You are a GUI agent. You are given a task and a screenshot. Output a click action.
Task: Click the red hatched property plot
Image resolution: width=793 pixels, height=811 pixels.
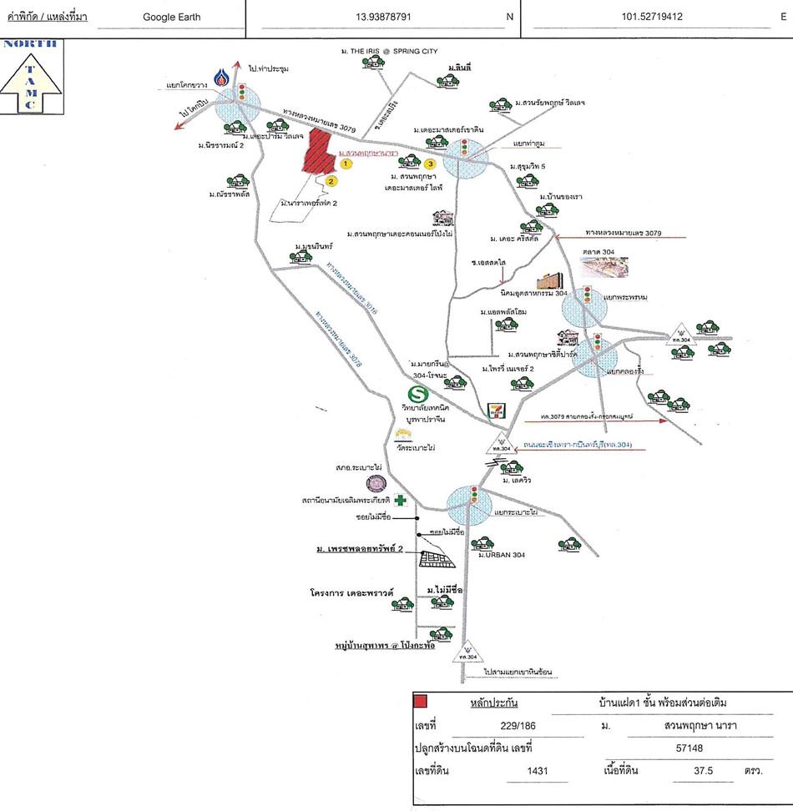(x=317, y=152)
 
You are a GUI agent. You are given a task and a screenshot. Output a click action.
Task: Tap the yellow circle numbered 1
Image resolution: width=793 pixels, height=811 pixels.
(x=346, y=164)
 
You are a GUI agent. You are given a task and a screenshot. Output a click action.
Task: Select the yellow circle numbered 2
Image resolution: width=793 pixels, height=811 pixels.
(x=331, y=180)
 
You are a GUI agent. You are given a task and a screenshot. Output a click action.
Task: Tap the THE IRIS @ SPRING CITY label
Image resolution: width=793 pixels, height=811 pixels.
(x=389, y=52)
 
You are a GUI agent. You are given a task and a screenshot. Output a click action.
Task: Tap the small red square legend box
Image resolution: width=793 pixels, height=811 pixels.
(x=422, y=702)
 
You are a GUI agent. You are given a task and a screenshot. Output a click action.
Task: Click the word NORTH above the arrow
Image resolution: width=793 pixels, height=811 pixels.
(x=30, y=44)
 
